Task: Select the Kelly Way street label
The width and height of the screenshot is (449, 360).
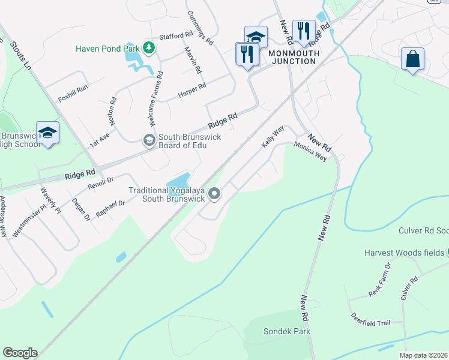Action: click(x=273, y=137)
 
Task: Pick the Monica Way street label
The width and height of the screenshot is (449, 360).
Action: click(x=310, y=152)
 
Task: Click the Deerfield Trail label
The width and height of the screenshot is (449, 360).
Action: click(x=371, y=323)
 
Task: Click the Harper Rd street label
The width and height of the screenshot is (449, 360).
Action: click(x=192, y=91)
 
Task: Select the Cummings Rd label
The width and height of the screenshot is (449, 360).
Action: click(x=200, y=28)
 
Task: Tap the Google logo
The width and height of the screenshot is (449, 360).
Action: click(x=20, y=353)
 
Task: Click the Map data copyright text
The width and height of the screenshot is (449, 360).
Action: click(x=424, y=355)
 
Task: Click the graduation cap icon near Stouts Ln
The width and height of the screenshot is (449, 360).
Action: click(x=48, y=133)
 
